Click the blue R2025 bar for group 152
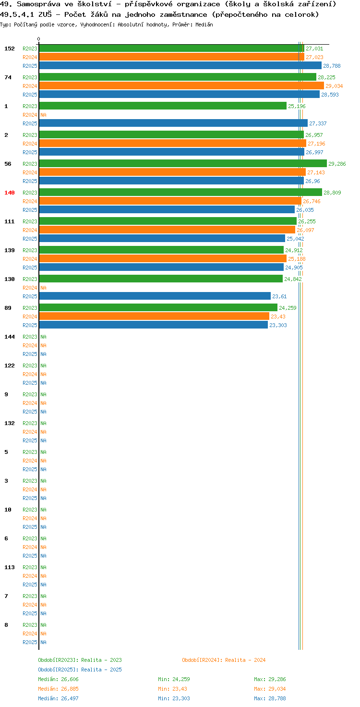(180, 66)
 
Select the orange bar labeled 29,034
(181, 86)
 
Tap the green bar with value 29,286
(183, 163)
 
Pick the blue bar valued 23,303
(153, 325)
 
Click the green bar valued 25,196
(163, 106)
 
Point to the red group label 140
(10, 193)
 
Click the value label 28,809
(332, 193)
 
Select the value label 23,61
(279, 296)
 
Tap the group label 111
(10, 221)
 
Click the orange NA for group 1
(43, 115)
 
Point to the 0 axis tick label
(38, 39)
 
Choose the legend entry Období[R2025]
(59, 670)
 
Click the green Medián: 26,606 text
(59, 679)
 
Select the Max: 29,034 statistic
(270, 689)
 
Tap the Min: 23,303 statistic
(174, 698)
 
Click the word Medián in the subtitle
(204, 24)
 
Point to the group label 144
(10, 337)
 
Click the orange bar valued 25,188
(163, 259)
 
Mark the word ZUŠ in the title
(45, 14)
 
